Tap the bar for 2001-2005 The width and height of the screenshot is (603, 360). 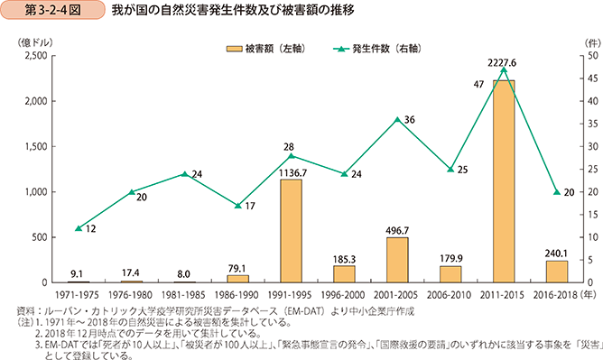coord(397,260)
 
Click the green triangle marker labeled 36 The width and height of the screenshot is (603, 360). coord(397,119)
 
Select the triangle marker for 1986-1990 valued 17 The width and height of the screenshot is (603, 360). coord(237,206)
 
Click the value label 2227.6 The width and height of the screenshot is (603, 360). coord(504,62)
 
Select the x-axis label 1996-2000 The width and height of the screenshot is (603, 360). coord(344,294)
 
